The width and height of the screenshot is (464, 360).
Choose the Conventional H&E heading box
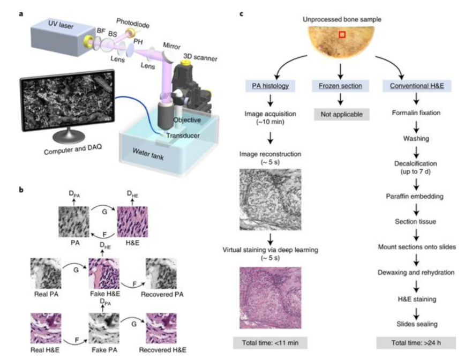click(x=416, y=85)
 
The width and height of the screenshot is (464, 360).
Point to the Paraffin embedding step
click(x=416, y=197)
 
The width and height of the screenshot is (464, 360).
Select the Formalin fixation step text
click(x=416, y=114)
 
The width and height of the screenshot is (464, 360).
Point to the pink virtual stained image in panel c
click(x=271, y=297)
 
